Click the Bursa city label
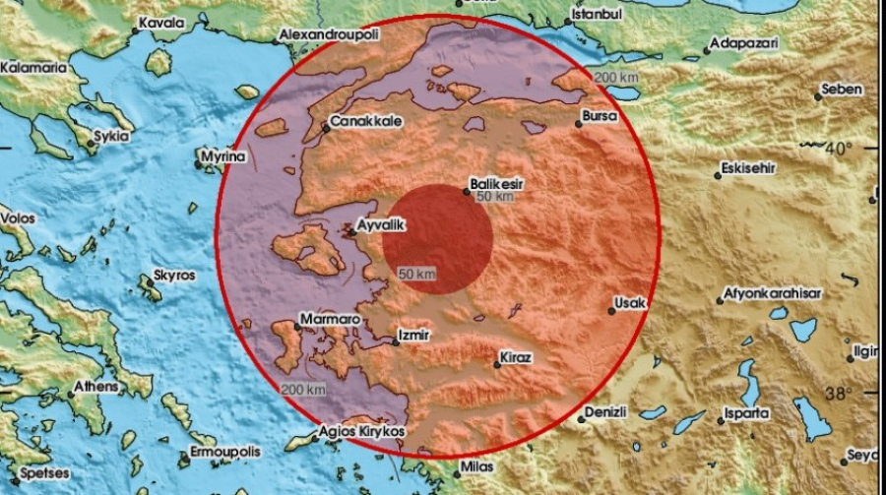coord(600,116)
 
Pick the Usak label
coord(630,303)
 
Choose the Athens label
coord(96,387)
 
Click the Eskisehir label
coord(750,167)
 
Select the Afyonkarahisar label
coord(773,293)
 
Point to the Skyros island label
coord(171,278)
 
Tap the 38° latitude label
coord(838,395)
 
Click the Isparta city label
coord(748,413)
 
